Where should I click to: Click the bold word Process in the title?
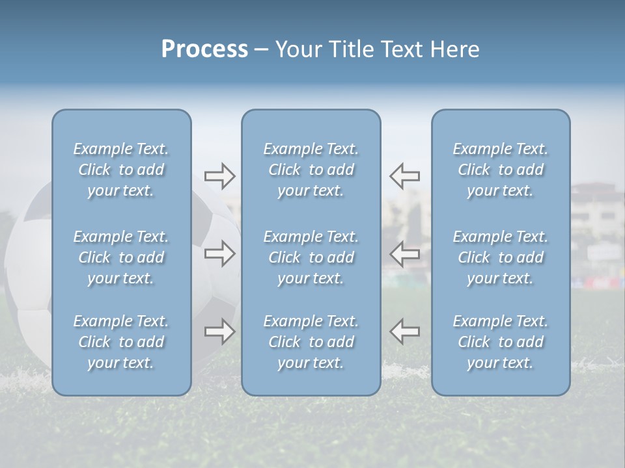tap(204, 49)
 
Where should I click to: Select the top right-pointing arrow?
tap(219, 176)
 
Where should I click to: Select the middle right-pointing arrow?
tap(219, 253)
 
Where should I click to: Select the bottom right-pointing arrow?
tap(219, 331)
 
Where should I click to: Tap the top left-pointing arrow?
tap(405, 176)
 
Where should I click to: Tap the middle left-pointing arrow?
tap(405, 253)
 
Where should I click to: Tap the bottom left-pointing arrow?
tap(405, 331)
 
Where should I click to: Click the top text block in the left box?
tap(121, 170)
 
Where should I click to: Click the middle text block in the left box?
tap(121, 257)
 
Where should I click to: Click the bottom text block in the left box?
tap(121, 342)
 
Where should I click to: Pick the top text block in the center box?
tap(311, 170)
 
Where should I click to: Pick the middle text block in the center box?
tap(311, 257)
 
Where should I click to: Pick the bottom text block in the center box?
tap(311, 342)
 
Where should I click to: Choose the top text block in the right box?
tap(501, 170)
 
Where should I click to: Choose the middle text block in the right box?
tap(501, 257)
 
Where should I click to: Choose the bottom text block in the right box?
tap(501, 342)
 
